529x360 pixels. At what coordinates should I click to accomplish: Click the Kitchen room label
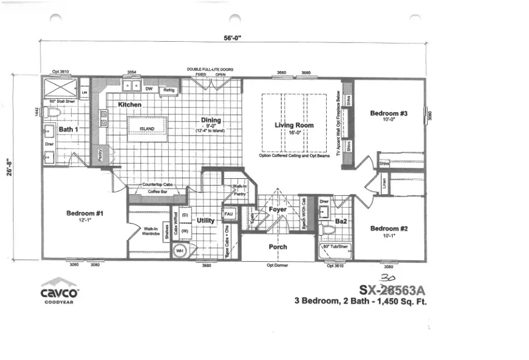click(130, 104)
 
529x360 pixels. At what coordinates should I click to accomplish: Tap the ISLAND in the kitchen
click(147, 128)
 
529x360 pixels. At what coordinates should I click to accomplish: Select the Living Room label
click(294, 125)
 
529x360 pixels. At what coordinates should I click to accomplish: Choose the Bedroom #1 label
click(85, 214)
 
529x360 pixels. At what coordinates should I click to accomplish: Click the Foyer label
click(277, 209)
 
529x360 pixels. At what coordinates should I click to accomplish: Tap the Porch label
click(277, 246)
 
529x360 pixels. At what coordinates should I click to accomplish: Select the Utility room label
click(205, 221)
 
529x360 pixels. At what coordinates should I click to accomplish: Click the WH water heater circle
click(179, 251)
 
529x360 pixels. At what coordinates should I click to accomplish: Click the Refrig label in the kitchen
click(169, 90)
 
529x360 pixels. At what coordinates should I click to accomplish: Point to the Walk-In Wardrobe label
click(151, 231)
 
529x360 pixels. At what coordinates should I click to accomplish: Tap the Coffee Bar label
click(158, 191)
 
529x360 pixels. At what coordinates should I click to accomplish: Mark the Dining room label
click(211, 120)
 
